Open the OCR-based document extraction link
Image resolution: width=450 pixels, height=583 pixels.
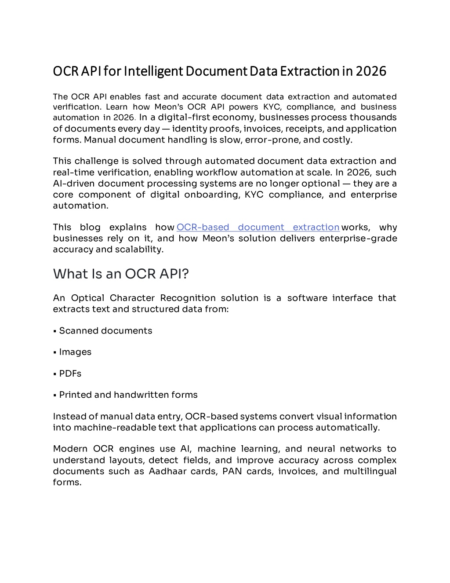(258, 227)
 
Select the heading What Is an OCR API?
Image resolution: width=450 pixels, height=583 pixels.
(121, 274)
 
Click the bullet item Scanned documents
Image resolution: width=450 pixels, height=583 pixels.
(105, 331)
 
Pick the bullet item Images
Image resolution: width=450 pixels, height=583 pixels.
(75, 352)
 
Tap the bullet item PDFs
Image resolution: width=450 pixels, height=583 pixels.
(70, 374)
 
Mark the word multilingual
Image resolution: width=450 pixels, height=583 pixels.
(370, 471)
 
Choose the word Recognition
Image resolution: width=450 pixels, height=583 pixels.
(188, 298)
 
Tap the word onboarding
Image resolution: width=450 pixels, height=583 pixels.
(212, 194)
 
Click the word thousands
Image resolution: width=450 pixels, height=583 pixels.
(373, 117)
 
